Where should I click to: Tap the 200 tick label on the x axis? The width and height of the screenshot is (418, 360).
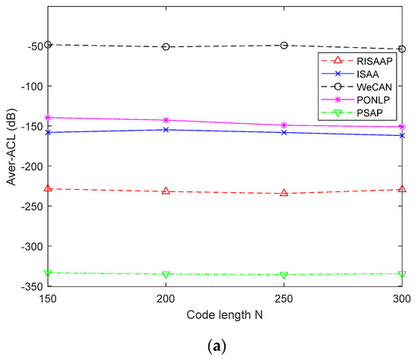pos(166,298)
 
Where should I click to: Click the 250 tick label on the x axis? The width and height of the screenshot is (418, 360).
pos(283,298)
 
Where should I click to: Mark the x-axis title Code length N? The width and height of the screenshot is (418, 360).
pos(224,313)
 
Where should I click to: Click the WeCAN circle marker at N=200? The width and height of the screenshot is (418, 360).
pos(166,46)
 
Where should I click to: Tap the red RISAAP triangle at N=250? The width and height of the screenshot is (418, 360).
pos(283,193)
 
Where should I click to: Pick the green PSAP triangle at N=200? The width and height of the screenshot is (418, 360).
pos(166,274)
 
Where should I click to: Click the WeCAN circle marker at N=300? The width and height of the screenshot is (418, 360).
pos(401,49)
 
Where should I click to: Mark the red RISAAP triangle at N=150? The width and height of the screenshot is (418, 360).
pos(48,188)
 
